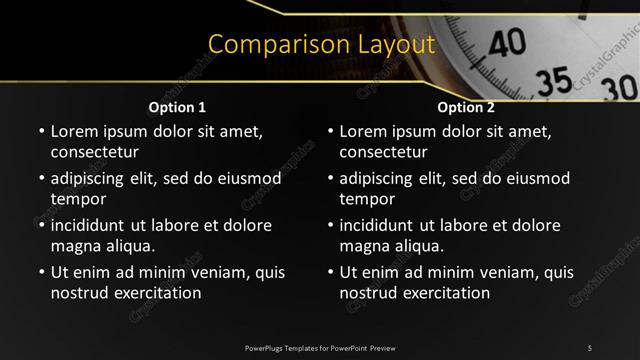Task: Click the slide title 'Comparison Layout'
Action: (x=320, y=45)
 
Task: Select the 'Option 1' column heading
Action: (x=177, y=107)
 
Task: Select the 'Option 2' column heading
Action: (x=466, y=107)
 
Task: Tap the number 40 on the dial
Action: (x=508, y=41)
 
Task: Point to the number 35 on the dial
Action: (x=554, y=78)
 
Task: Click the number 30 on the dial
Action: (x=620, y=88)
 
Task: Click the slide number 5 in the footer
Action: (x=589, y=347)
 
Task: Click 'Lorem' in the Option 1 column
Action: (x=74, y=131)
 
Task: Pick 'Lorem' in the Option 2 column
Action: (x=363, y=131)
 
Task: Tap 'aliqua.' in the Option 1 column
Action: (x=129, y=246)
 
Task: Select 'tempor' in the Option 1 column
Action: (x=76, y=199)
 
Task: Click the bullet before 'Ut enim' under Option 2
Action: (x=331, y=272)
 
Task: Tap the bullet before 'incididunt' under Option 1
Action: (x=41, y=225)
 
